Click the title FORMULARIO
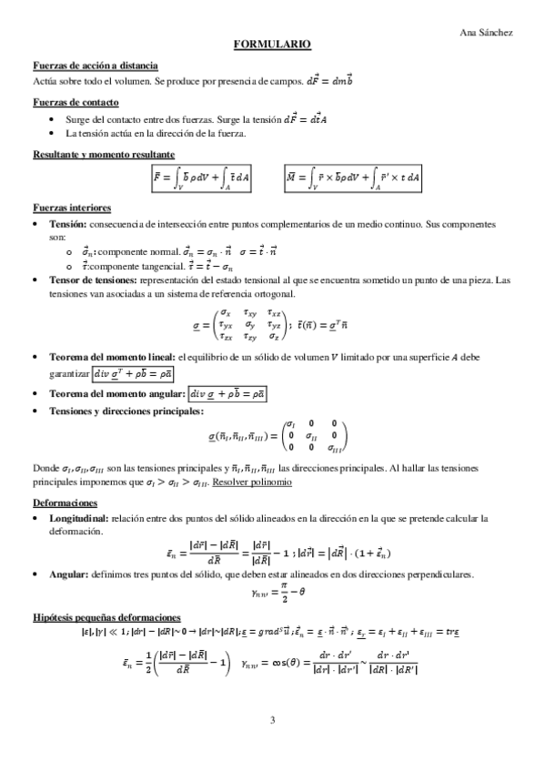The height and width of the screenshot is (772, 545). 272,44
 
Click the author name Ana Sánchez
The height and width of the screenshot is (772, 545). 487,32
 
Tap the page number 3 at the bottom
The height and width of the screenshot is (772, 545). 272,722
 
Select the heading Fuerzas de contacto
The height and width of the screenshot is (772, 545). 76,102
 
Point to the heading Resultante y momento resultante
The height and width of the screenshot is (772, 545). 103,154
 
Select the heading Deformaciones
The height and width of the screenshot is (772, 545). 63,503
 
